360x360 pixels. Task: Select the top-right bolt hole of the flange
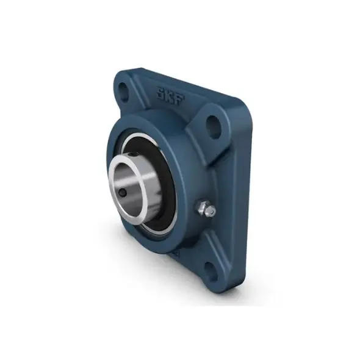click(x=214, y=127)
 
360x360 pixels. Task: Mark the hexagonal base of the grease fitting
click(x=200, y=206)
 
